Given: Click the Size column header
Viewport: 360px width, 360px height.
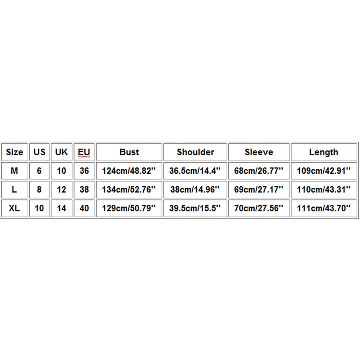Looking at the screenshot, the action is (x=14, y=152).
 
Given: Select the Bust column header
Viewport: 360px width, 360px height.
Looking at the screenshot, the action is (x=129, y=152).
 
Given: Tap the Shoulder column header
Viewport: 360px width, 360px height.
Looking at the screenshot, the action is (x=195, y=152).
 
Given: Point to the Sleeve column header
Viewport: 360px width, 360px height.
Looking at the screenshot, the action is (x=259, y=152).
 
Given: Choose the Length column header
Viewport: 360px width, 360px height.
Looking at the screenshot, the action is (x=324, y=152).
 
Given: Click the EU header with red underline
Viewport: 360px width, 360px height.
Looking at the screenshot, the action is (x=84, y=152).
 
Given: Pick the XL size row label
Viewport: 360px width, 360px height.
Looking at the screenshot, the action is (x=14, y=208).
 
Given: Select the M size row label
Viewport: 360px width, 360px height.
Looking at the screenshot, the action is (x=14, y=171).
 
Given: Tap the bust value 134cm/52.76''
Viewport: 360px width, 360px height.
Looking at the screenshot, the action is (x=129, y=189).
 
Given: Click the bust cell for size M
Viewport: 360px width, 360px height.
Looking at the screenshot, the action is (x=129, y=171).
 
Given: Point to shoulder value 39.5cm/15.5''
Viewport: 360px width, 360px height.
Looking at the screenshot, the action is (x=195, y=208).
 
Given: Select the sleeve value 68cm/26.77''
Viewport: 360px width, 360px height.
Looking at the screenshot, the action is (x=259, y=171).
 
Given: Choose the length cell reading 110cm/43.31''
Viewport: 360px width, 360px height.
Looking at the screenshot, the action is (x=324, y=189).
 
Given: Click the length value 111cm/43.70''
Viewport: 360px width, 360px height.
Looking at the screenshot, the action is (x=324, y=208).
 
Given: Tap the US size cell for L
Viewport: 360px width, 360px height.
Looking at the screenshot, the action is (x=39, y=189).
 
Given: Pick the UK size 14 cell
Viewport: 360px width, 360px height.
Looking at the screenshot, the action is (x=62, y=208).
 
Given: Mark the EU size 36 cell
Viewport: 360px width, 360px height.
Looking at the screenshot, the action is (x=84, y=171).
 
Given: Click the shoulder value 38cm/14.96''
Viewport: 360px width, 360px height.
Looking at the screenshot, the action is (x=195, y=189).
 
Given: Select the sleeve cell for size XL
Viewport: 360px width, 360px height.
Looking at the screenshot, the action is (x=259, y=208).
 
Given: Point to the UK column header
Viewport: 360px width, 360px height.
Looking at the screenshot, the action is (x=62, y=152).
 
